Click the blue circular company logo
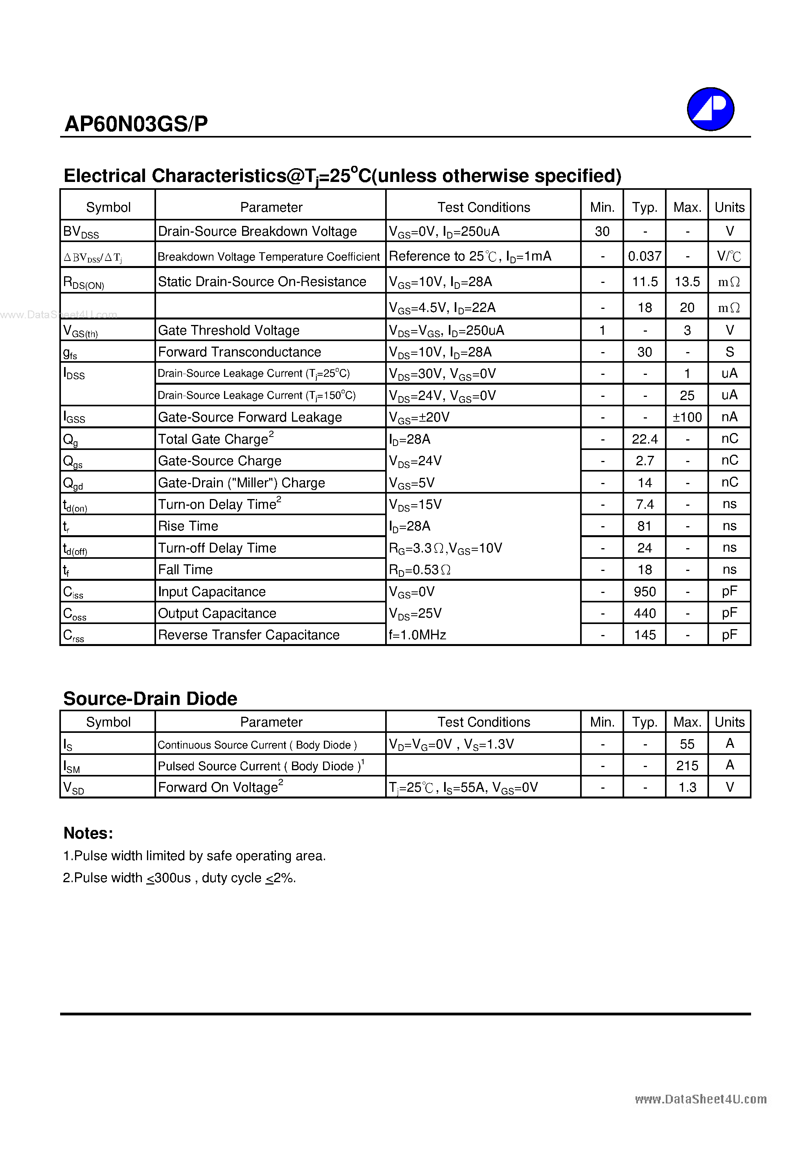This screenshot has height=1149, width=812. click(x=710, y=109)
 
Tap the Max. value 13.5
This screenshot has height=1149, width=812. click(x=687, y=282)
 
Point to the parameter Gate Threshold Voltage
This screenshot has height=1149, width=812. click(x=228, y=330)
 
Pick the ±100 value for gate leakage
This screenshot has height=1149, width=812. click(x=687, y=417)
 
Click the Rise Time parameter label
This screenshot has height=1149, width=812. click(x=188, y=526)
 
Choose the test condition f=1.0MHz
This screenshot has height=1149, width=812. click(x=417, y=635)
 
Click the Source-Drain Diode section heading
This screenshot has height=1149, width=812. click(x=150, y=699)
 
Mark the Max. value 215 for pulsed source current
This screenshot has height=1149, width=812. click(x=687, y=765)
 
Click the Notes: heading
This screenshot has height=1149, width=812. click(x=88, y=833)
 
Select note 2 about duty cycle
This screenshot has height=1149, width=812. click(x=179, y=878)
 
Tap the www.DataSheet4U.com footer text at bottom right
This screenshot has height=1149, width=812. click(x=700, y=1099)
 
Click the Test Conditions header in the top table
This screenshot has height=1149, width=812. click(x=483, y=207)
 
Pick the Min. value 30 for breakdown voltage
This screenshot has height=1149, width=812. click(x=602, y=231)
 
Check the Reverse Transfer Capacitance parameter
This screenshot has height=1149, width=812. click(x=248, y=635)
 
